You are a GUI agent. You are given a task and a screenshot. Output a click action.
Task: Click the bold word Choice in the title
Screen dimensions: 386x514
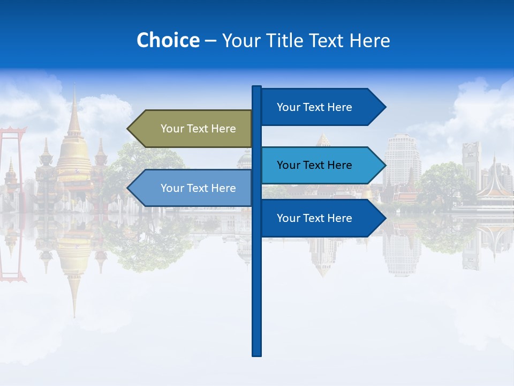coord(168,41)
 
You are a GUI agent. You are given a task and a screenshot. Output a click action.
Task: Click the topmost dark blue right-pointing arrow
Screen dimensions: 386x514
coord(321,107)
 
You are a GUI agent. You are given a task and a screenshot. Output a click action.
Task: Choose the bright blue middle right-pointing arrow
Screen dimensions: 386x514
coord(321,165)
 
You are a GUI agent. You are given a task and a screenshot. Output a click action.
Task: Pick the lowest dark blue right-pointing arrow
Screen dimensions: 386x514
coord(321,218)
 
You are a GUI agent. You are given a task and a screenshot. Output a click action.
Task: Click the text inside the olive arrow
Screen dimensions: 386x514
coord(198,129)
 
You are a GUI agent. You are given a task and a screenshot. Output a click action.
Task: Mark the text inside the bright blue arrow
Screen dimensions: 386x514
coord(314,165)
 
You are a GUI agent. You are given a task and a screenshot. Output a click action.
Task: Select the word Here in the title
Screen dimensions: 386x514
coord(370,41)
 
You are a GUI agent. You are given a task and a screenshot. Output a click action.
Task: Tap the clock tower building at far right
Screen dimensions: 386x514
coord(471,161)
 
